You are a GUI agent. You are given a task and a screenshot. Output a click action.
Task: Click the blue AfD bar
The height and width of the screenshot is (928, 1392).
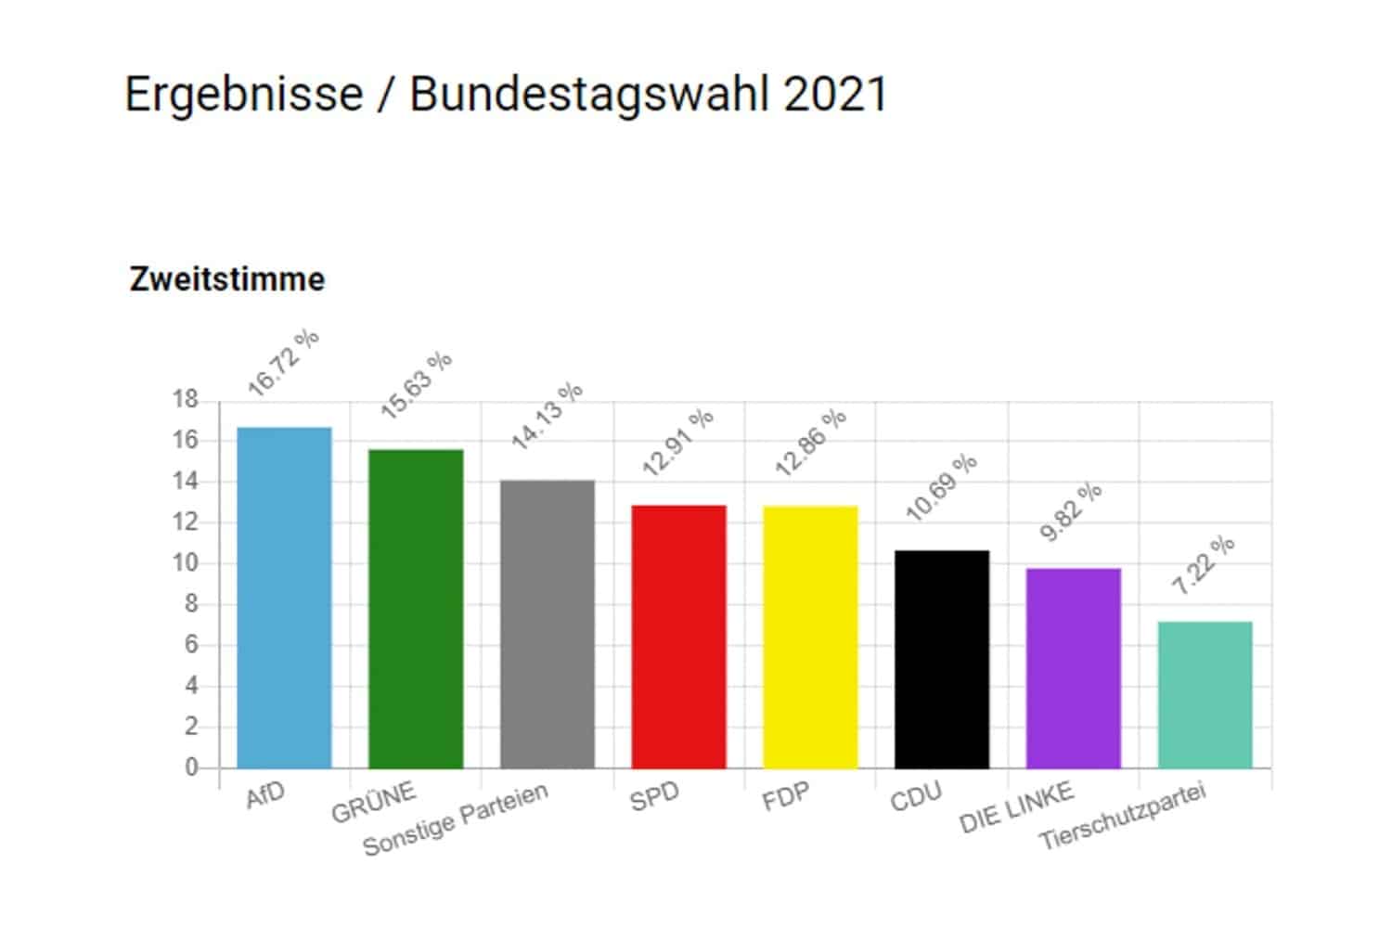point(284,598)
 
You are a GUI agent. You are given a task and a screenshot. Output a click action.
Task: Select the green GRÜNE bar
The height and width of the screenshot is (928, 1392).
point(416,609)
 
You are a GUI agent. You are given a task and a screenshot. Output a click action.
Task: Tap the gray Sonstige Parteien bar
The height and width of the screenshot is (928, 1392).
point(548,624)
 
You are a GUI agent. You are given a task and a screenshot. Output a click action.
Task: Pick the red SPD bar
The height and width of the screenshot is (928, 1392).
point(678,637)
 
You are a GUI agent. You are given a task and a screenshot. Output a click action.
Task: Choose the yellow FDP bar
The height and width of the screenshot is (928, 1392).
point(810,637)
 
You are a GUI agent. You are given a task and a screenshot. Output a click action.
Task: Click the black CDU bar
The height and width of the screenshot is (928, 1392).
point(942,659)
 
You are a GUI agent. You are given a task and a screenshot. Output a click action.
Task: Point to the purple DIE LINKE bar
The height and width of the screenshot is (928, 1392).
point(1074,668)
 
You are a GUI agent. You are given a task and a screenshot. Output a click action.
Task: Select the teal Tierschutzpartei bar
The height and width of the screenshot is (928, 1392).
point(1205,694)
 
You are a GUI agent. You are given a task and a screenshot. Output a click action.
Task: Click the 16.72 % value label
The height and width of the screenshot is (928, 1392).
point(283,363)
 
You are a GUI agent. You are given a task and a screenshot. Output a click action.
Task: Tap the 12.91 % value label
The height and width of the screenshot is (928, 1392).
point(678,443)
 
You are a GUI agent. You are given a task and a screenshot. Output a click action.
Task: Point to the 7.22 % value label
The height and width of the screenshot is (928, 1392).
point(1203,565)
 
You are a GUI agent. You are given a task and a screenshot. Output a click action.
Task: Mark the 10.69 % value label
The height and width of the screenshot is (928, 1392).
point(941,487)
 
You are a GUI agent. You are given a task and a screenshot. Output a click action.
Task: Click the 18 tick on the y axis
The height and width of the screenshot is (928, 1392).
point(185,400)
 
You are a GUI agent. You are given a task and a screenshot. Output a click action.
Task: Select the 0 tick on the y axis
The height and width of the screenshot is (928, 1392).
point(191,767)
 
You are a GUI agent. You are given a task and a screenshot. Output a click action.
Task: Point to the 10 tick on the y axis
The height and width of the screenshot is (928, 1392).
point(185,563)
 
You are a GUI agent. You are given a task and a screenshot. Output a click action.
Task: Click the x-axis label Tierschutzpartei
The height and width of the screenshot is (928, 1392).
point(1122,817)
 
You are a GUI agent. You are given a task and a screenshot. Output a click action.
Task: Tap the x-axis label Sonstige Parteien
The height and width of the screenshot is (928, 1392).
point(456,818)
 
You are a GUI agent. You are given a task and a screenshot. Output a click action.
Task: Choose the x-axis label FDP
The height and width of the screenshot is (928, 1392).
point(785,796)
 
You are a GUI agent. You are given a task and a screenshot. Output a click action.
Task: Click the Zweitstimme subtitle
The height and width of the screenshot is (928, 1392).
point(227,279)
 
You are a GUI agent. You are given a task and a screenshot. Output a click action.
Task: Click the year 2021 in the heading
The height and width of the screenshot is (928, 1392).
point(835,95)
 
